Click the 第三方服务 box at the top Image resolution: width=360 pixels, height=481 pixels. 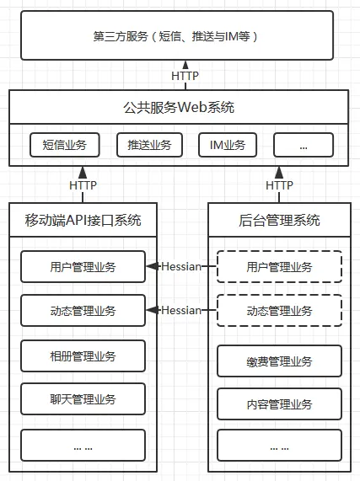(177, 35)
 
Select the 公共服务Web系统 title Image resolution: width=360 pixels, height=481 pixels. (179, 107)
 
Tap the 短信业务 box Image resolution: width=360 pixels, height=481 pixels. (64, 145)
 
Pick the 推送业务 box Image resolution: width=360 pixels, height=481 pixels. (149, 145)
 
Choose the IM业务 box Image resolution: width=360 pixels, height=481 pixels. (228, 145)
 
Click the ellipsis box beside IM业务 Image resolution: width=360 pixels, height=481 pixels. (304, 145)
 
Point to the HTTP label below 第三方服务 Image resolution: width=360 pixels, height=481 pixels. (185, 76)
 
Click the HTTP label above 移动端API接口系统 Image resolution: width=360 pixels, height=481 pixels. (83, 185)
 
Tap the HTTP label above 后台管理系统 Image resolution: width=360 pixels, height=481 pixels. (279, 185)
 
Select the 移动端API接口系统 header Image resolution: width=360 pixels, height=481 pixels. (83, 220)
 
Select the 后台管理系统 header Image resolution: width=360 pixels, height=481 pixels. (279, 220)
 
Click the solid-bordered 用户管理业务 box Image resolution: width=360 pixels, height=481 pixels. (83, 266)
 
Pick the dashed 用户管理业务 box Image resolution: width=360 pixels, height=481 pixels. (279, 266)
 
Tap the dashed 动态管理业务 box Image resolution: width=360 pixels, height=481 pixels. (279, 311)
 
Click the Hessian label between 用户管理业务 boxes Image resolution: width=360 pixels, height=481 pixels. (181, 266)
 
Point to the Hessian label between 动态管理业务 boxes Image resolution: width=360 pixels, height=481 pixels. (181, 311)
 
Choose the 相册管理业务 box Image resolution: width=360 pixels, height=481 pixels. (83, 355)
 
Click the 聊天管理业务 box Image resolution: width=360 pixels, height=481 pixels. (83, 398)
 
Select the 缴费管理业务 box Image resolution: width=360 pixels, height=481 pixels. (279, 361)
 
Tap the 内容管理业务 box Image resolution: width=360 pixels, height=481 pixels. (279, 404)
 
